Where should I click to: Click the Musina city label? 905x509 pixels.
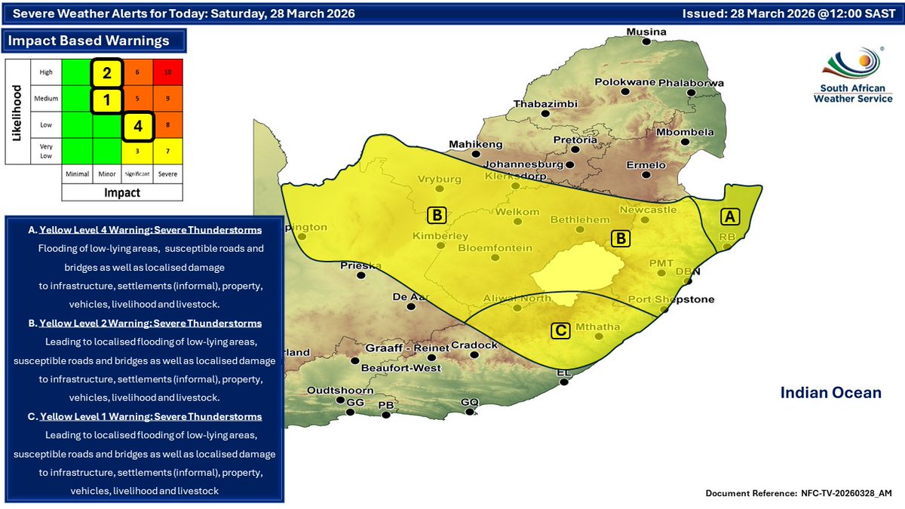(648, 32)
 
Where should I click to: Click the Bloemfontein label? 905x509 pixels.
(495, 247)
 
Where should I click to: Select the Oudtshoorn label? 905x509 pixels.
(340, 391)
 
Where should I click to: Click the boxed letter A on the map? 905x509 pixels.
(729, 216)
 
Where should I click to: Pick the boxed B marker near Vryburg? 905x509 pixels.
(437, 215)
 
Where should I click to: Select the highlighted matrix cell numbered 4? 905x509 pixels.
(138, 127)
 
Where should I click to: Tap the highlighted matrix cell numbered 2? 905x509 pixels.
(107, 73)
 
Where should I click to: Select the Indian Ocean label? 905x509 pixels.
(830, 393)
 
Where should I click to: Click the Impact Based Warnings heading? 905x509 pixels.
(87, 41)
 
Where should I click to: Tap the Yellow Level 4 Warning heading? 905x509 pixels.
(150, 229)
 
